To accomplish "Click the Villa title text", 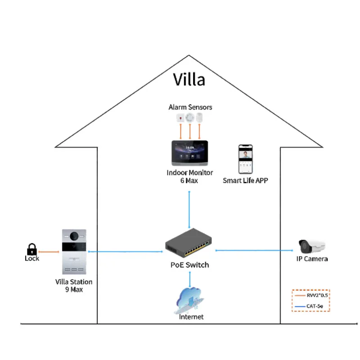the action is point(189,80).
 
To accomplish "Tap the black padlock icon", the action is point(31,249).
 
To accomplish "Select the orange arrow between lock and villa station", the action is point(49,252).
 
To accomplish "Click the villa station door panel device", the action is point(74,252).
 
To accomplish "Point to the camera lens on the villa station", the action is point(74,236).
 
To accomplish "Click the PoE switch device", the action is point(189,243).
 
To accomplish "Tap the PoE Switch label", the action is point(189,265).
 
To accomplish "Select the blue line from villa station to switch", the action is point(126,252).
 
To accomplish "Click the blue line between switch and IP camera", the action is point(254,250).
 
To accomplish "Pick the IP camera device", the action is point(312,247).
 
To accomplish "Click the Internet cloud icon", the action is point(189,301).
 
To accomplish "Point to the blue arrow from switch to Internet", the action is point(190,279).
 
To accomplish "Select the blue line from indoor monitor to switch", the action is point(189,210).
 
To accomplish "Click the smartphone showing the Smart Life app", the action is point(245,159).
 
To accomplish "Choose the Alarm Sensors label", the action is point(190,107).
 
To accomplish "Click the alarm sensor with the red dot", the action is point(180,118).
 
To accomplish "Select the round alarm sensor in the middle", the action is point(189,118).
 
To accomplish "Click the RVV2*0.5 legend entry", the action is point(311,295).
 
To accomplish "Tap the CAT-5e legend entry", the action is point(309,306).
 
